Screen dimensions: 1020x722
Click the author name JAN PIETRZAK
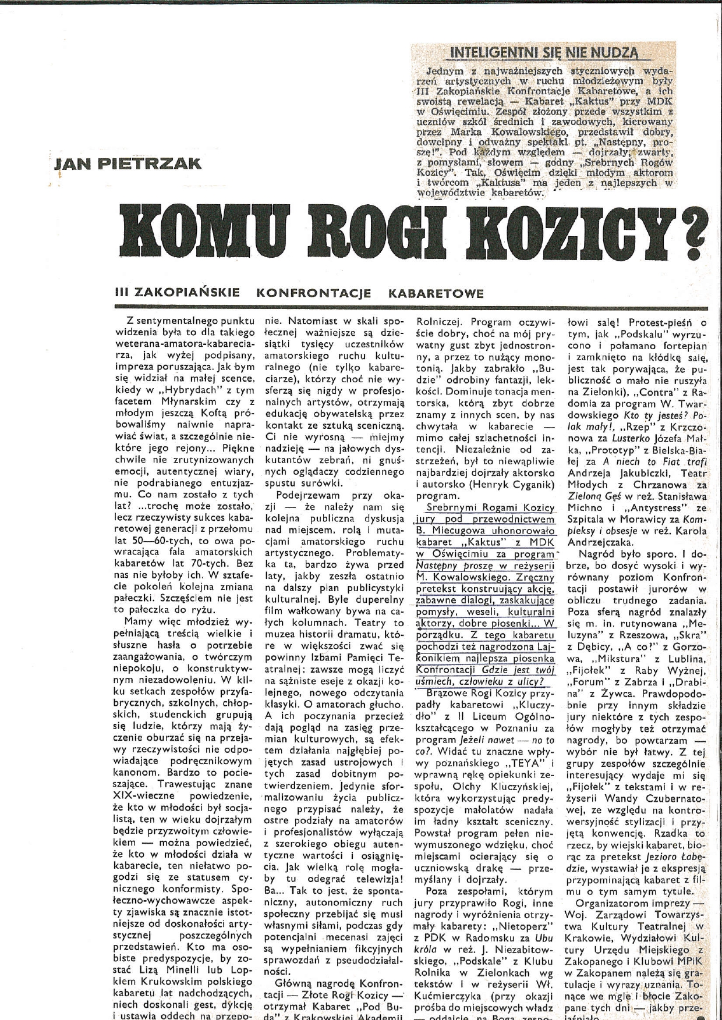127,163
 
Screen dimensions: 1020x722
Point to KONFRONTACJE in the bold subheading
314,293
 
